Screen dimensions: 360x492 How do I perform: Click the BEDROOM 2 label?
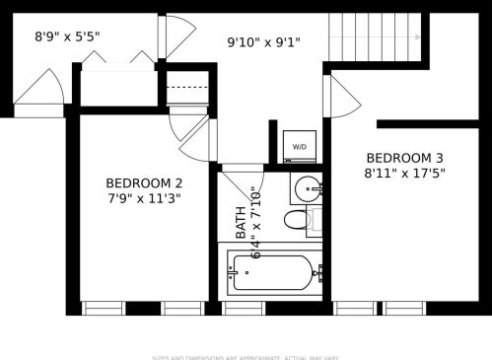[x=144, y=182]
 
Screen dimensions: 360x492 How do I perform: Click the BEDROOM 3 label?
[x=404, y=158]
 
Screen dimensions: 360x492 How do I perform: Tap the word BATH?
[x=242, y=228]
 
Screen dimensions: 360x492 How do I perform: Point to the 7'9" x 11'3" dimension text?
[x=144, y=197]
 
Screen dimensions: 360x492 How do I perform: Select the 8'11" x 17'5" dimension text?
[x=404, y=173]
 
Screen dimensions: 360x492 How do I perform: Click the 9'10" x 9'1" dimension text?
[x=263, y=42]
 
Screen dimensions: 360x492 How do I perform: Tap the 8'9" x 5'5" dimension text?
[x=67, y=36]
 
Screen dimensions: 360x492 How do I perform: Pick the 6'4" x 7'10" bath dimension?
[x=258, y=222]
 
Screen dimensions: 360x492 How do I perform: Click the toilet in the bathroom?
[x=301, y=219]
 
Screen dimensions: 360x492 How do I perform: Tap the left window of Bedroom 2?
[x=104, y=309]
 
